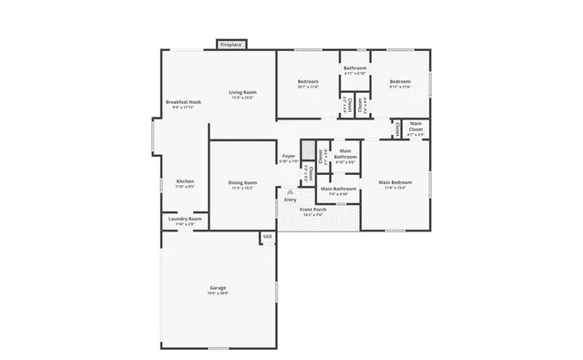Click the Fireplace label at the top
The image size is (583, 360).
pos(230,44)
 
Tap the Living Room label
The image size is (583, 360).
pos(241,92)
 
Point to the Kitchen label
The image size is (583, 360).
pos(184,181)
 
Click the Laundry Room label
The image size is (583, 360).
pos(183,219)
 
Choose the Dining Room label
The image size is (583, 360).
pos(242,182)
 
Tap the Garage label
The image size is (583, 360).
pos(217,288)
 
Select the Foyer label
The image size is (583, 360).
pos(288,156)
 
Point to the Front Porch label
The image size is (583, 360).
pos(313,210)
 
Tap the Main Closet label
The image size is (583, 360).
pos(415,127)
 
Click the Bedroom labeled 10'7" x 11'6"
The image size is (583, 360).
pos(308,82)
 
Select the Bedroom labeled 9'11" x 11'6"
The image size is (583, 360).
pos(400,82)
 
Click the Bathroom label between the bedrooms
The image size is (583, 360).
pos(354,68)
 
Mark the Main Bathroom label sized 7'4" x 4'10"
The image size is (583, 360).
pos(337,189)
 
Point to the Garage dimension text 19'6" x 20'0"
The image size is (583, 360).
pos(217,293)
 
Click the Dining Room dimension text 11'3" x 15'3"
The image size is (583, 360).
pos(242,188)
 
